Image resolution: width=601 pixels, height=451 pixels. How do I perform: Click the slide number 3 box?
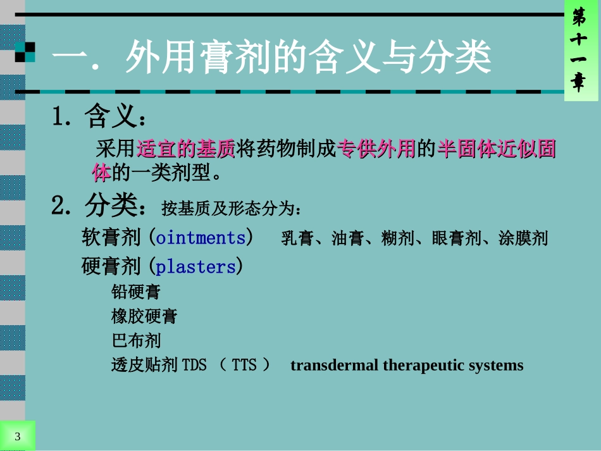coord(17,436)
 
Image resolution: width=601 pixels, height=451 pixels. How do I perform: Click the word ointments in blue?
coord(201,238)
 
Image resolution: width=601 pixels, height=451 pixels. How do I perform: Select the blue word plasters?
coord(195,266)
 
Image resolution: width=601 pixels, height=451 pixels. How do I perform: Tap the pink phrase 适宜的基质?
coord(186,149)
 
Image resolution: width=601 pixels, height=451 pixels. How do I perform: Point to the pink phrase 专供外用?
coord(376,149)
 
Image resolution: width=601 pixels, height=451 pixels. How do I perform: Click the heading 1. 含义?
coord(101,116)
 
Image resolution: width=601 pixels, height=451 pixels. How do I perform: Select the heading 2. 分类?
coord(101,205)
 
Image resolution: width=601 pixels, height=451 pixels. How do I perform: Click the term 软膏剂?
coord(111,238)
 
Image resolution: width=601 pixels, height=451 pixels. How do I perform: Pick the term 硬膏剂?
coord(111,266)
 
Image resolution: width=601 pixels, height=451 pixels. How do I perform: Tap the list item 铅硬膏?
coord(136,292)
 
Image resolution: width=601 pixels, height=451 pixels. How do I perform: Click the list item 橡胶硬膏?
coord(144,316)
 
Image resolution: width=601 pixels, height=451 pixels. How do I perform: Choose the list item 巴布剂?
coord(136,341)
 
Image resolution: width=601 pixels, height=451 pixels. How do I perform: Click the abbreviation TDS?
coord(194,366)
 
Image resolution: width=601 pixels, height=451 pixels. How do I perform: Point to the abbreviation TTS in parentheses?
coord(244,366)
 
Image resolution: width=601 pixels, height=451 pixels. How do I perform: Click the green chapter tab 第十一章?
coord(579,51)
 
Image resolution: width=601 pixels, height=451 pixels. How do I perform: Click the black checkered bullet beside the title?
coord(25,53)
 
